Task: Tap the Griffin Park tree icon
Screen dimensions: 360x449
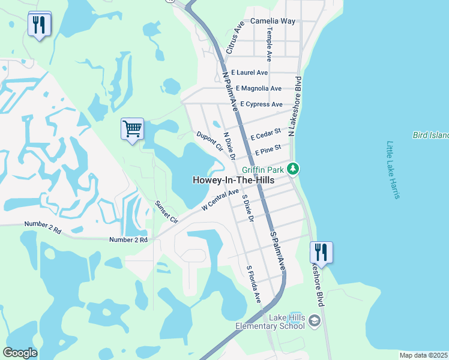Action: pyautogui.click(x=293, y=169)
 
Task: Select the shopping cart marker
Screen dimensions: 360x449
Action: pyautogui.click(x=132, y=128)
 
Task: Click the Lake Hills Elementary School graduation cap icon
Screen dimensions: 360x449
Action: pyautogui.click(x=314, y=322)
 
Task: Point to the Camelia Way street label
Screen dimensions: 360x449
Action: pyautogui.click(x=273, y=21)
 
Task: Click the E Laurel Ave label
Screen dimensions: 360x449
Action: pyautogui.click(x=249, y=73)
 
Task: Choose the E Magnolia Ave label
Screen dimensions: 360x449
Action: pyautogui.click(x=258, y=89)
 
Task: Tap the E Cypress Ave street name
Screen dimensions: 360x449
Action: pyautogui.click(x=261, y=104)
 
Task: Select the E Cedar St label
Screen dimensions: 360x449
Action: pyautogui.click(x=266, y=133)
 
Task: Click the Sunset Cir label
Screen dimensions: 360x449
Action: pyautogui.click(x=167, y=212)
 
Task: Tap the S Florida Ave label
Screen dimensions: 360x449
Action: pyautogui.click(x=254, y=284)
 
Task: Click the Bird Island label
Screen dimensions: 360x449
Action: pyautogui.click(x=430, y=136)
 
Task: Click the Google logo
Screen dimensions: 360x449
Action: pyautogui.click(x=20, y=353)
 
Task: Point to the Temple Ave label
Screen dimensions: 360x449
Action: pyautogui.click(x=270, y=44)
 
